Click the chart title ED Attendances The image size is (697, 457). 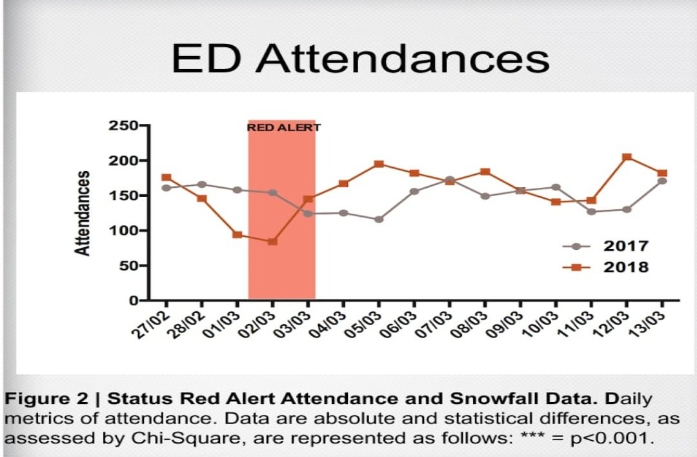(x=360, y=59)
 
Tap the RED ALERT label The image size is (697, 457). (x=283, y=128)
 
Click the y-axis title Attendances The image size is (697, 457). (x=83, y=213)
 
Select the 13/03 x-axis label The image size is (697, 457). (x=651, y=320)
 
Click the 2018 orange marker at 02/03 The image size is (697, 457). (x=272, y=241)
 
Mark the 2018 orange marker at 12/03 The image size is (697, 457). (x=627, y=157)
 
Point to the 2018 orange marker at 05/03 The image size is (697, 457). (x=379, y=164)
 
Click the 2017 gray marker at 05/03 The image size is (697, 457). (x=379, y=219)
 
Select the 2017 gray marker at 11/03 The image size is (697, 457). (x=591, y=212)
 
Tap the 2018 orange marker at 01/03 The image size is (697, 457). (x=237, y=235)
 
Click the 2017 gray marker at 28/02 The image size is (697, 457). (x=202, y=185)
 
